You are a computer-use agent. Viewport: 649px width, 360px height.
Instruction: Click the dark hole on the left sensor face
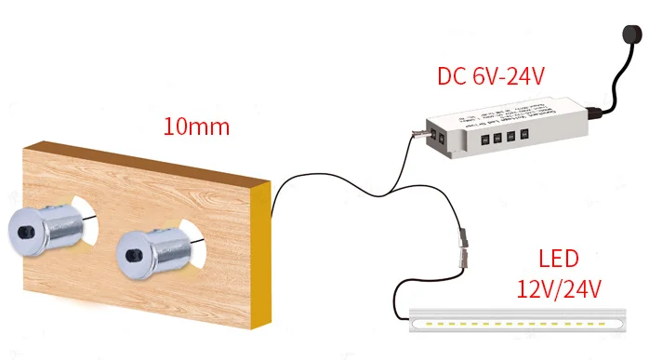click(22, 227)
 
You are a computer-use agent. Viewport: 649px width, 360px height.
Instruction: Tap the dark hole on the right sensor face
click(131, 250)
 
